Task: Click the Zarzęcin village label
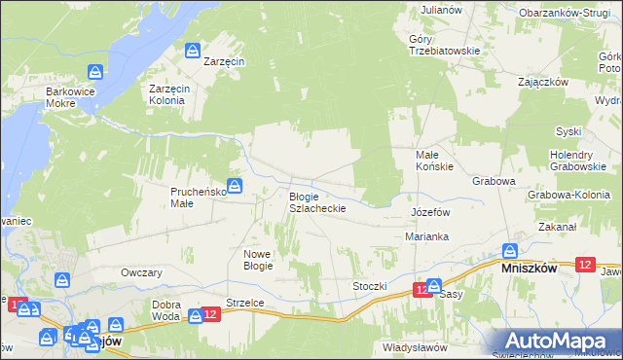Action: tap(225, 60)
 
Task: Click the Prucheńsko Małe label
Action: tap(198, 198)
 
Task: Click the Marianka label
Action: tap(426, 236)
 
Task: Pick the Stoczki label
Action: tap(370, 286)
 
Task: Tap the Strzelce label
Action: tap(245, 303)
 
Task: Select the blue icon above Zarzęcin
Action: tap(194, 50)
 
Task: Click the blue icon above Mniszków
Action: tap(509, 250)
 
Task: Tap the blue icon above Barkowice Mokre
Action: tap(95, 72)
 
